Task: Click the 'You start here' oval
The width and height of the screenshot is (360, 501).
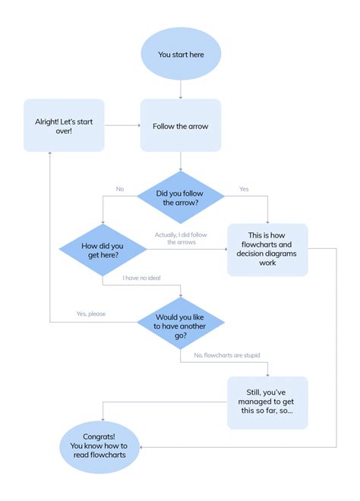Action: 180,55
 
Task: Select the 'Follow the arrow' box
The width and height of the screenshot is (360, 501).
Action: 180,125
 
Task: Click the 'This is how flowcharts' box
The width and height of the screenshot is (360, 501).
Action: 267,248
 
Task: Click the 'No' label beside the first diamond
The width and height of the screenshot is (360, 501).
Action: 120,189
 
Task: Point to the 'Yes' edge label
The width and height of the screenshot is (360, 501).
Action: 244,189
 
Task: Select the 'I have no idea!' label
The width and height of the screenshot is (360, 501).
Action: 142,279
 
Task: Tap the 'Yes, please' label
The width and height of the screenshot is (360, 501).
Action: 91,314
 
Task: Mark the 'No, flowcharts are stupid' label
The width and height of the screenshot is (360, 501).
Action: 227,355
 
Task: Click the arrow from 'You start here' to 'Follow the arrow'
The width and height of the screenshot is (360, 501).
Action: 180,89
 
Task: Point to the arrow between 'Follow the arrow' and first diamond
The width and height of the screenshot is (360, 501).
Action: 180,161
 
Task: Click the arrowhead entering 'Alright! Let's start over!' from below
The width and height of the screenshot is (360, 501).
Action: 50,154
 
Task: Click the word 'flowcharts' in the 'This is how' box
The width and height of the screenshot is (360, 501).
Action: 267,244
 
